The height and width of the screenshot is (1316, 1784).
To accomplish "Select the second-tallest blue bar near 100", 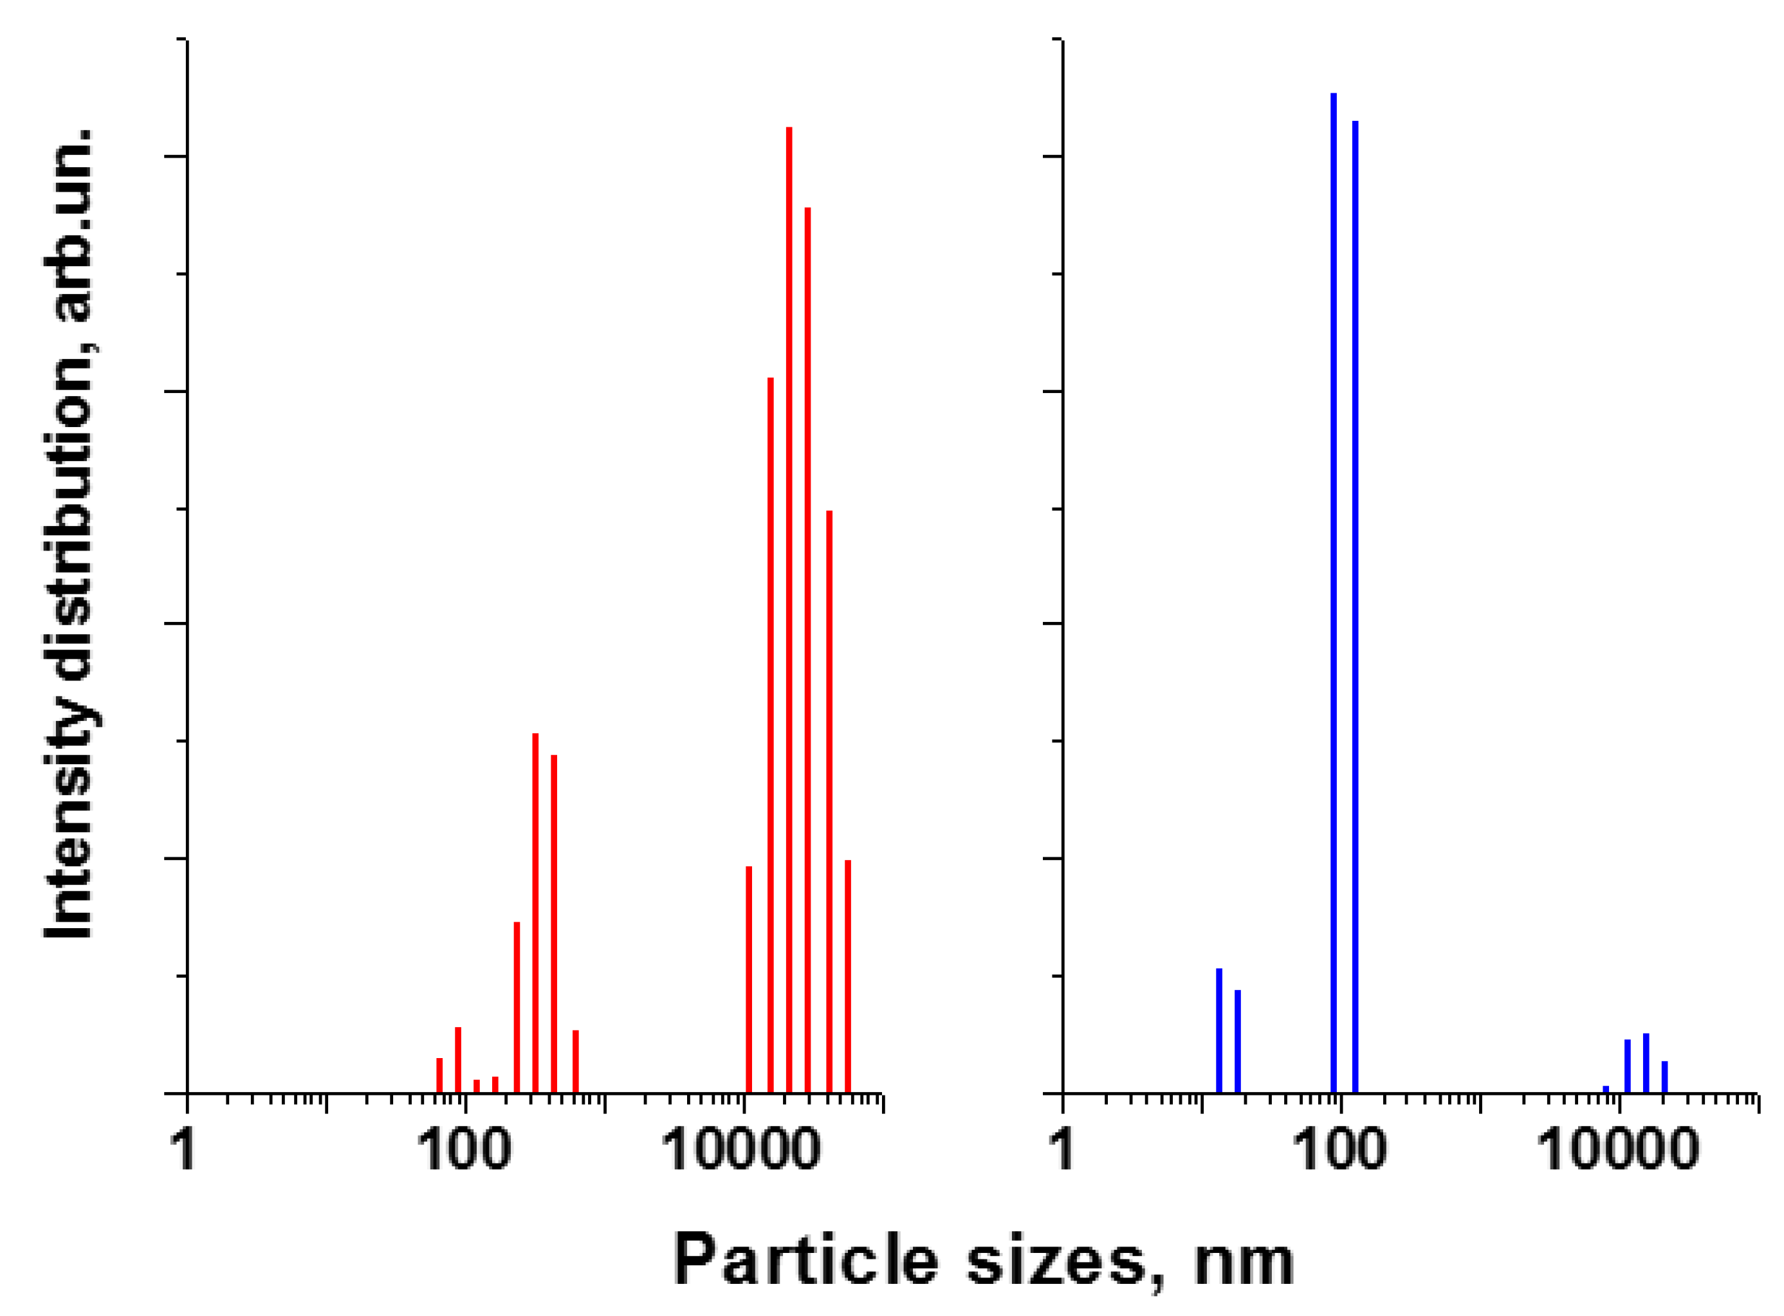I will [1354, 605].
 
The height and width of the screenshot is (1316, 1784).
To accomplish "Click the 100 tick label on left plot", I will [464, 1150].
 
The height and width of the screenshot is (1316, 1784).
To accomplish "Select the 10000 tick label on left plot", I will [741, 1150].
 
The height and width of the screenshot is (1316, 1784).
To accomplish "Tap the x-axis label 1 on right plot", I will [1062, 1150].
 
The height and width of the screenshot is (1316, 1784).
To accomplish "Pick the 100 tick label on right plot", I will [1339, 1150].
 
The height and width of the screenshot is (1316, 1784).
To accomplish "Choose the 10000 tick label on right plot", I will [1617, 1150].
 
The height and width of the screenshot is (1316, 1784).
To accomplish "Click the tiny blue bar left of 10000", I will [1606, 1089].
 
